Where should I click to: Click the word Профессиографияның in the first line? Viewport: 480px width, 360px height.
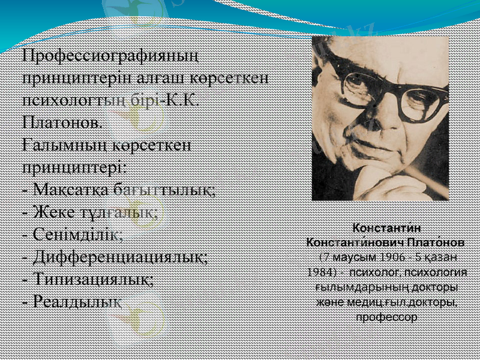[110, 56]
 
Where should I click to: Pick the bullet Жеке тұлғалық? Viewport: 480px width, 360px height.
[89, 212]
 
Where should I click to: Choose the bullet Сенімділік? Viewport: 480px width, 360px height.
[72, 235]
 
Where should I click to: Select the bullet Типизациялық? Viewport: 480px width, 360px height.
[87, 279]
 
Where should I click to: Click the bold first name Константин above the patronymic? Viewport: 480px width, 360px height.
[386, 229]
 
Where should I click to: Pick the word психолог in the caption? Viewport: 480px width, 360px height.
[359, 272]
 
